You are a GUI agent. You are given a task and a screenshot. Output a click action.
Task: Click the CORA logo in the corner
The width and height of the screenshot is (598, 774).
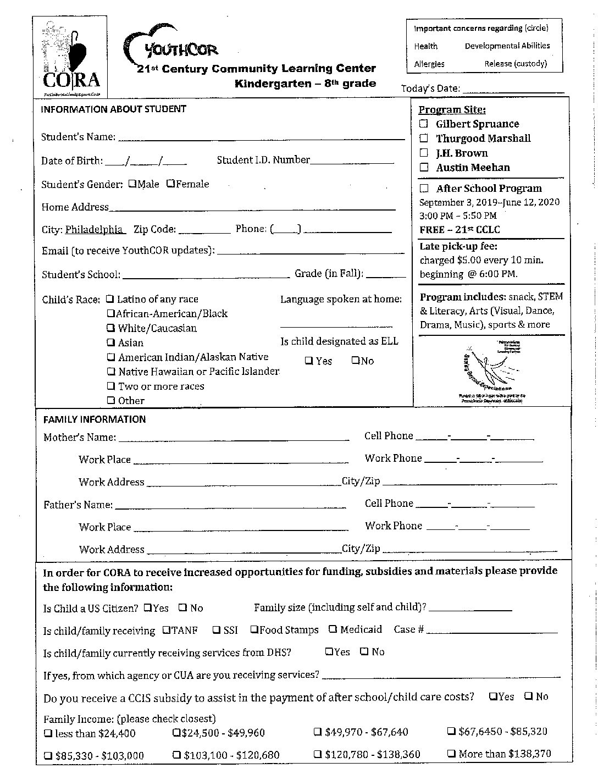click(70, 57)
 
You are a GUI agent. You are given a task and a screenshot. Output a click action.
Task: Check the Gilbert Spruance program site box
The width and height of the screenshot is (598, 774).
click(424, 124)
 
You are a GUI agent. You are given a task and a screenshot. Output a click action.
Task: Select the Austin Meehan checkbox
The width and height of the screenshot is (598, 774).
click(424, 167)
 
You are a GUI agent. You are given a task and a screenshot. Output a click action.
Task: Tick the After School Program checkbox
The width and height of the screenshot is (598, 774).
click(424, 188)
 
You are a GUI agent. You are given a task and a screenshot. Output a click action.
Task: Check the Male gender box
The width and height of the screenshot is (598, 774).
click(132, 184)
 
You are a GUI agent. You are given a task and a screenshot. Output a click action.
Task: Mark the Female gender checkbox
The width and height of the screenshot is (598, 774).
click(170, 184)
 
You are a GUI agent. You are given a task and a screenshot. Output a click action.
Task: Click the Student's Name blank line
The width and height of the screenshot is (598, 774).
click(261, 137)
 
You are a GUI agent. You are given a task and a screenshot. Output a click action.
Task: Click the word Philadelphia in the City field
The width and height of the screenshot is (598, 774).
click(95, 229)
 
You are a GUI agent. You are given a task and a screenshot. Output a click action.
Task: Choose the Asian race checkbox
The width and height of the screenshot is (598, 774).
click(111, 342)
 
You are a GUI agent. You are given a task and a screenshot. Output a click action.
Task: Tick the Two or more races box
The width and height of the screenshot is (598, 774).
click(111, 386)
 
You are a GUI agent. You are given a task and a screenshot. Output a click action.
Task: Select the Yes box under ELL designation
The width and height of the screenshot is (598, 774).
click(309, 361)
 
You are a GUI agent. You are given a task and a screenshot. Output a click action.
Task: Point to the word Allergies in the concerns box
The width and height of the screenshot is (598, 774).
click(429, 64)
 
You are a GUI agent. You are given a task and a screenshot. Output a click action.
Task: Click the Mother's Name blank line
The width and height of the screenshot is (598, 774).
click(234, 438)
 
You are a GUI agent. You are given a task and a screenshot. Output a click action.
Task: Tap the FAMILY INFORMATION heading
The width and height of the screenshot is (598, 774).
click(95, 419)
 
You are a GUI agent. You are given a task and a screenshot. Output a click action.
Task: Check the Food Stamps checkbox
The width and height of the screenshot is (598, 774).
click(254, 629)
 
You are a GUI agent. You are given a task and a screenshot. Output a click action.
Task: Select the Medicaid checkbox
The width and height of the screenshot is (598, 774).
click(333, 629)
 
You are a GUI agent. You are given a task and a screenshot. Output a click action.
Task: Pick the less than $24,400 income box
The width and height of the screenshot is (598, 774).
click(48, 733)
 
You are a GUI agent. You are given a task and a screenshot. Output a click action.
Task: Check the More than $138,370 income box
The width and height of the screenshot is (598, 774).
click(451, 754)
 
